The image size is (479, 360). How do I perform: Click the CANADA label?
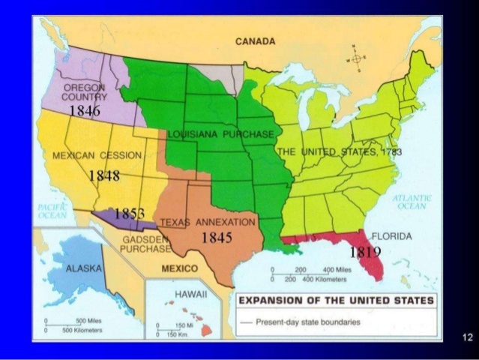tap(255, 42)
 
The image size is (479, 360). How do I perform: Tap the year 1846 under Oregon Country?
tap(84, 111)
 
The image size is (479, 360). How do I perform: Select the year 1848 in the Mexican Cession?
tap(104, 175)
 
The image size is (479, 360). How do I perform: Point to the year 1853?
tap(129, 214)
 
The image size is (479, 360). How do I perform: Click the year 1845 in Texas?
tap(217, 237)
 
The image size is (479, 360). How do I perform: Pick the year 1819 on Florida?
tap(366, 252)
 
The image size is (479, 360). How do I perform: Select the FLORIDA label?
tap(391, 236)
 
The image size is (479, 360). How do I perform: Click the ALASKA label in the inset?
tap(85, 268)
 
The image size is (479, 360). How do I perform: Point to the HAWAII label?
tap(190, 295)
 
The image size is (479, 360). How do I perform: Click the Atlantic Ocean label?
tap(412, 202)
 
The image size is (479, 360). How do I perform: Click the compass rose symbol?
tap(356, 58)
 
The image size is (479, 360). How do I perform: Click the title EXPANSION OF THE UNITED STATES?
tap(335, 300)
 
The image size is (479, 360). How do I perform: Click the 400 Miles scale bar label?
tap(334, 269)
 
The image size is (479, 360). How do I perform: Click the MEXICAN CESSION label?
tap(97, 154)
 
